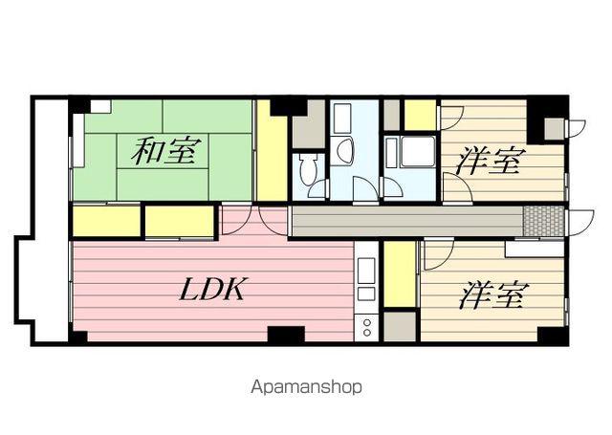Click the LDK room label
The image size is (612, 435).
tap(211, 290)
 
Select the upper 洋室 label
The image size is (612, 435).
tap(488, 160)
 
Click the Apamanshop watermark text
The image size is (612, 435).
tap(306, 388)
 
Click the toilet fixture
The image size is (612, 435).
tap(306, 171)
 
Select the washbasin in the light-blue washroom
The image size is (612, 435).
tap(344, 150)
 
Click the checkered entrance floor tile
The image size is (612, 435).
tap(544, 220)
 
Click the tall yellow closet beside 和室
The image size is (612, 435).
tap(273, 153)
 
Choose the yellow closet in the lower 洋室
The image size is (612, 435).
tap(400, 273)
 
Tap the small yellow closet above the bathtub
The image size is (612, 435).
tap(420, 115)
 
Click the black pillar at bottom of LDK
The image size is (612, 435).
tap(286, 335)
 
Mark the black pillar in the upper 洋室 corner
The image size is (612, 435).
tap(546, 118)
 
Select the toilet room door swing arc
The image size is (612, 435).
tap(318, 187)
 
